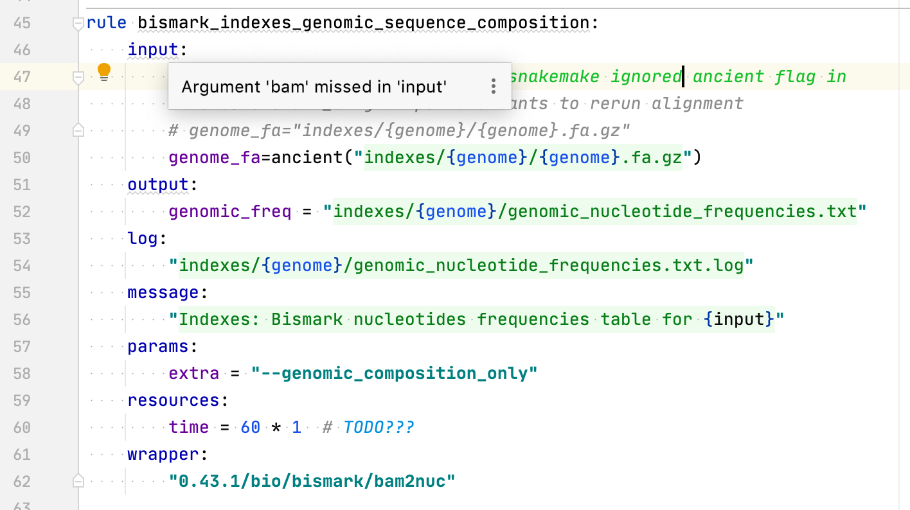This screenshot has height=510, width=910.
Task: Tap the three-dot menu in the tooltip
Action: click(x=493, y=86)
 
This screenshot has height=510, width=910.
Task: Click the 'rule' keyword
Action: click(x=106, y=23)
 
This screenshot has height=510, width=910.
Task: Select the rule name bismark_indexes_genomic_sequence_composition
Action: click(x=364, y=23)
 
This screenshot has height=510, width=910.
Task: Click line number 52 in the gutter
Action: click(x=22, y=211)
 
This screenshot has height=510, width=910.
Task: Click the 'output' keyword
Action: click(x=158, y=184)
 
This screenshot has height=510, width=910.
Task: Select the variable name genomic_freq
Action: click(x=230, y=211)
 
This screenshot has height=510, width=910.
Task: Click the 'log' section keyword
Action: click(x=143, y=238)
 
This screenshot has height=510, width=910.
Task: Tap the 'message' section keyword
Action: click(x=163, y=292)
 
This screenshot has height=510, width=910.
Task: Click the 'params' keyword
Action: click(x=158, y=346)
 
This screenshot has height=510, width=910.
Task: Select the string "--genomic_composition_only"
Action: click(x=395, y=373)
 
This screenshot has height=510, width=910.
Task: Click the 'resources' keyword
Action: click(x=174, y=400)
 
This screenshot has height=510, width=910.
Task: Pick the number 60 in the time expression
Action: click(x=251, y=427)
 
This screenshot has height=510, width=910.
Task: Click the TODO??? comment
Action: click(x=379, y=427)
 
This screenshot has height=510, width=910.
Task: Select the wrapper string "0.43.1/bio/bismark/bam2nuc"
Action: click(x=312, y=481)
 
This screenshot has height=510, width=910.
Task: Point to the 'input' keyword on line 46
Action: click(x=153, y=49)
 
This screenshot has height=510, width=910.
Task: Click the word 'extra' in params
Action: click(x=194, y=373)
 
